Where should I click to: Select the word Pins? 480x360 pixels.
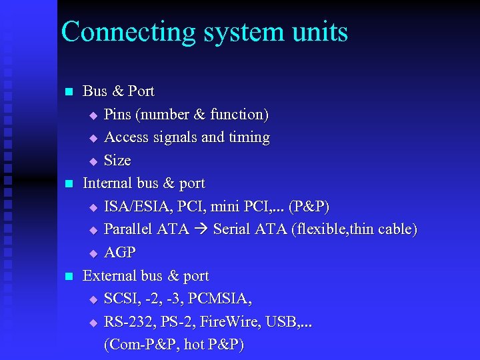coord(118,115)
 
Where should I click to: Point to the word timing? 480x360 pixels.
coord(249,137)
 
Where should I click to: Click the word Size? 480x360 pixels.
coord(117,160)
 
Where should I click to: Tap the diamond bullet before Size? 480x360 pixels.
coord(93,161)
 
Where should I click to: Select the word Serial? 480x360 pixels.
coord(233,229)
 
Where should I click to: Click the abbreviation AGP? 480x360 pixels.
coord(120,253)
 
